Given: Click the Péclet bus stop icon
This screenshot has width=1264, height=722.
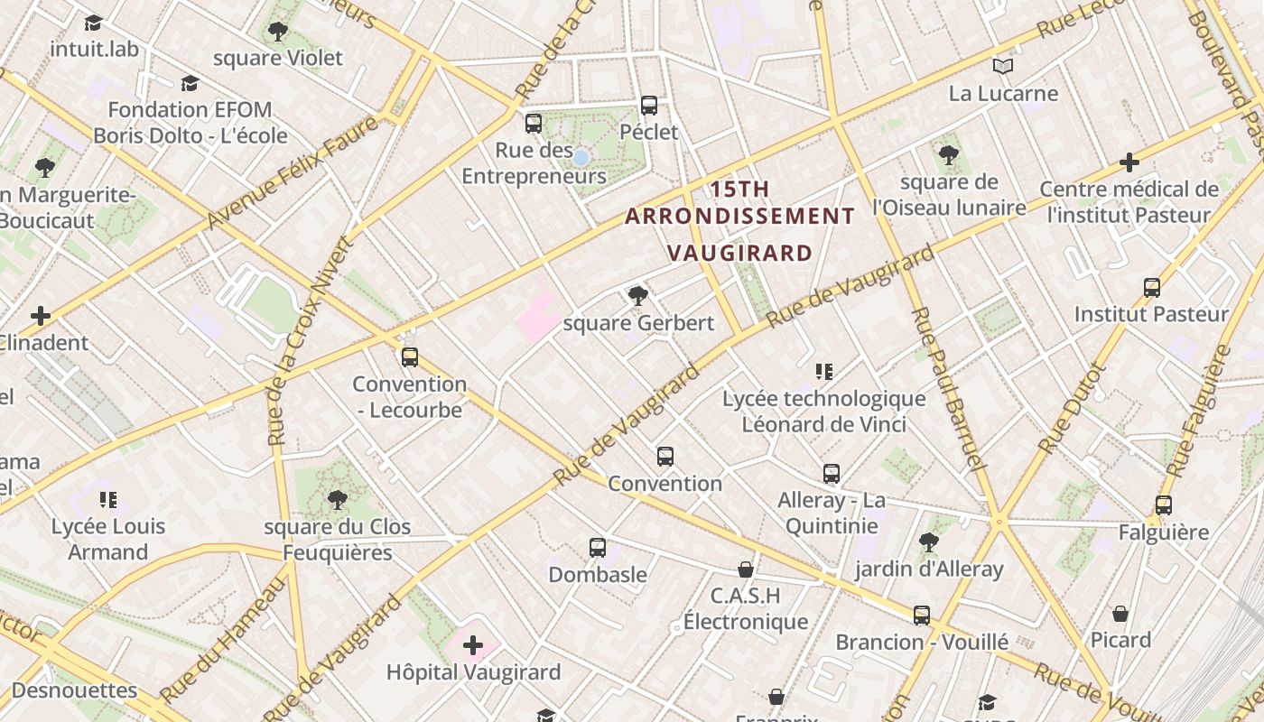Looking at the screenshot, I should coord(649,106).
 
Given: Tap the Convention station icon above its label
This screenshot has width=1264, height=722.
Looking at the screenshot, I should coord(665,457).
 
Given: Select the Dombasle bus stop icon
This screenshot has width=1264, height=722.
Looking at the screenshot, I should coord(598,548).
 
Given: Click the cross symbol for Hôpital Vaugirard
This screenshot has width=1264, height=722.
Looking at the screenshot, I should coord(473,645).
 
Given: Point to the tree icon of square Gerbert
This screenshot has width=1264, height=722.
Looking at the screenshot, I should coord(637,296).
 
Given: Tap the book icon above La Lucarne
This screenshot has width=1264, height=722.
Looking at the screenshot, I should coord(1003,66).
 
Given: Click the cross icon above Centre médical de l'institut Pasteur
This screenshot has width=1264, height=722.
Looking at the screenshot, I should coord(1129,162).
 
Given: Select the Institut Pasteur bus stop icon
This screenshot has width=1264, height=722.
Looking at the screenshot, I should coord(1152,288).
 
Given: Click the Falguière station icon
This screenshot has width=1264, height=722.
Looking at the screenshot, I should coord(1164,505).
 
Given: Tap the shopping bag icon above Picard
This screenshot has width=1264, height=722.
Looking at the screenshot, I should coord(1120,614).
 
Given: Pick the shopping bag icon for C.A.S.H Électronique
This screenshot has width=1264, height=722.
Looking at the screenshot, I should coord(746,569).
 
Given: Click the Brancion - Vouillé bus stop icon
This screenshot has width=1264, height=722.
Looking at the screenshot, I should coord(922,616).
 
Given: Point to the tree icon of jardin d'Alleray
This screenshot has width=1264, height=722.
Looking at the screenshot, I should coord(929,542).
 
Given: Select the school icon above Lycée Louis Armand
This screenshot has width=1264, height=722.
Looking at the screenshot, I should coord(108,500).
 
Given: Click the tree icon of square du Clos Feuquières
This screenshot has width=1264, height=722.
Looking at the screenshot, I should coord(338,500).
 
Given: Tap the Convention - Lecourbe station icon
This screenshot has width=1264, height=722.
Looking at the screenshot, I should coord(410,357).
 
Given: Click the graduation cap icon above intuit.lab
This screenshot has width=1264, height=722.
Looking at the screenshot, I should coord(94,23).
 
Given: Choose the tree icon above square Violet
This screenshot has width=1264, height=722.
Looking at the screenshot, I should coord(278,32).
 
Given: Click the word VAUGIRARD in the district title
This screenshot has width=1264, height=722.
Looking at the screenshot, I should coord(739,253).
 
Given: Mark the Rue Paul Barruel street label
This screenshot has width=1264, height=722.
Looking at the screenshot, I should coord(945,388).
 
